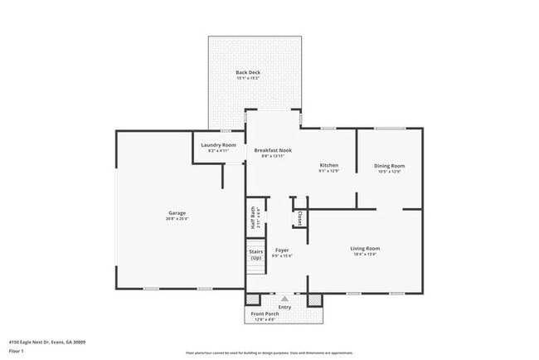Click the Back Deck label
(x=248, y=72)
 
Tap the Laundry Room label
(x=219, y=145)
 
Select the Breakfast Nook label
(x=273, y=150)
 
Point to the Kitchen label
(x=329, y=165)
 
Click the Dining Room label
(x=389, y=165)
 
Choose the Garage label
(x=177, y=212)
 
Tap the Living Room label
(x=365, y=248)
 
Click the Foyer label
(x=282, y=250)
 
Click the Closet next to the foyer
(x=299, y=217)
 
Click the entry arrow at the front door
(x=284, y=299)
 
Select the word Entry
(x=284, y=307)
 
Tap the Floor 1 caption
(x=17, y=351)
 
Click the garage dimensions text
(x=177, y=219)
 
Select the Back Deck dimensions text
(x=248, y=79)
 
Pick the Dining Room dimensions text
(x=389, y=172)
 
